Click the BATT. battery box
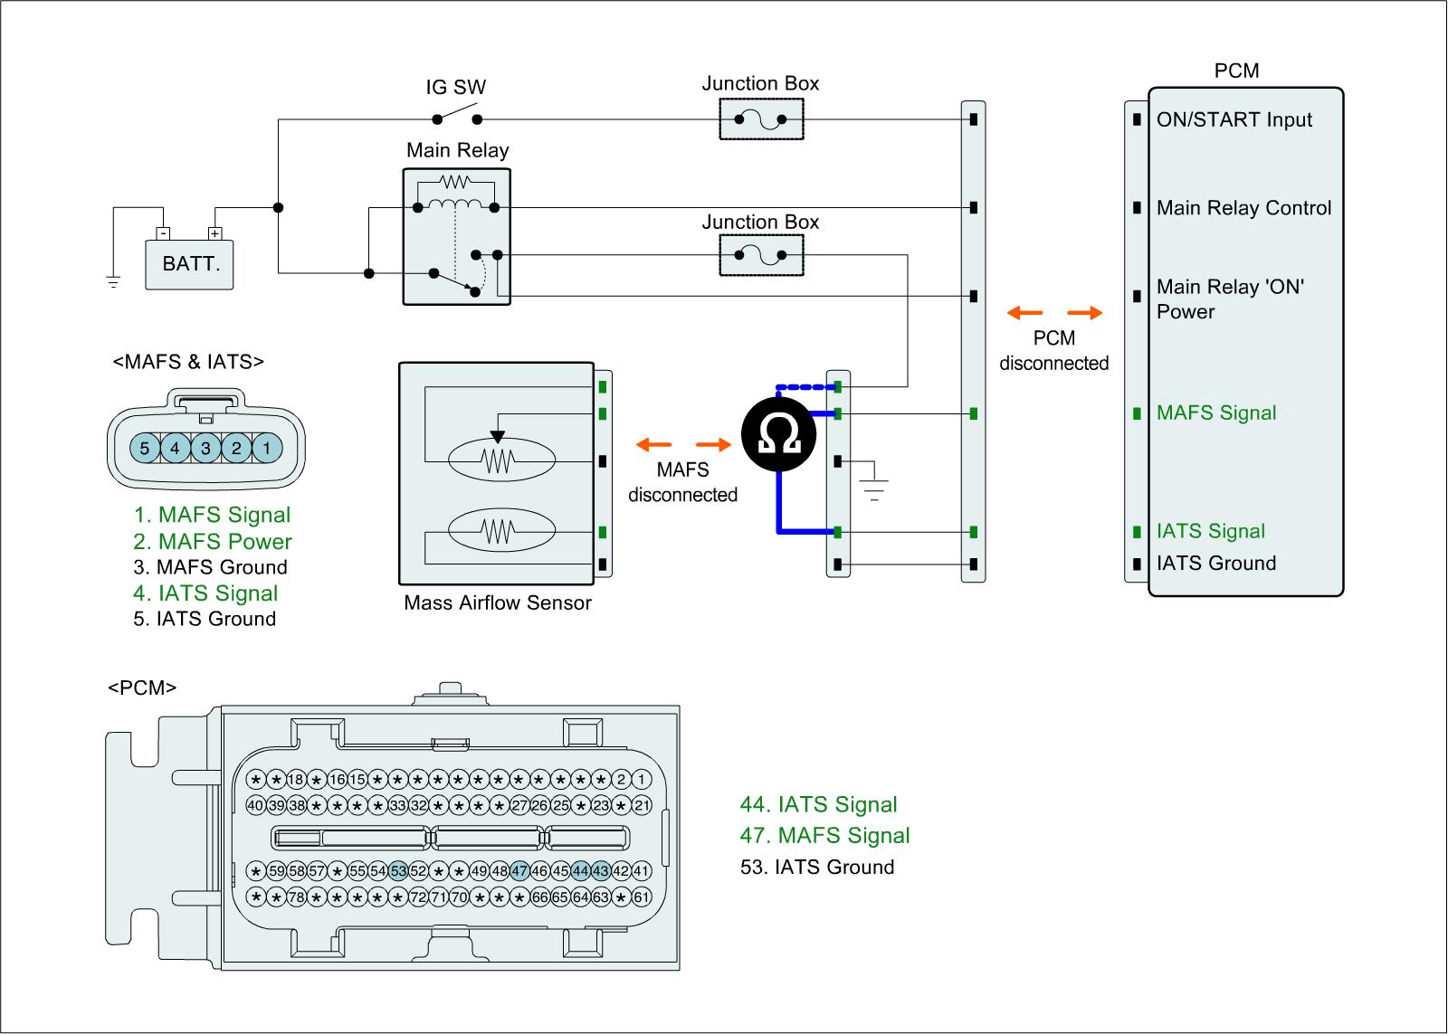[x=190, y=264]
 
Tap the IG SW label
[x=455, y=88]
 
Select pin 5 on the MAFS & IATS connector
[x=144, y=447]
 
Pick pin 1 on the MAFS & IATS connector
[x=267, y=447]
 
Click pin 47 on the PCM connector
[x=519, y=871]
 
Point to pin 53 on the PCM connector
[x=398, y=871]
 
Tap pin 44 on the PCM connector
[x=580, y=871]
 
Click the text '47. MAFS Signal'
[x=824, y=836]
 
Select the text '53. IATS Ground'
[x=817, y=867]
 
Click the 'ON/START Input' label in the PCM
[x=1234, y=119]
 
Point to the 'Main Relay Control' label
[x=1243, y=208]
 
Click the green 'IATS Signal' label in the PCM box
[x=1210, y=531]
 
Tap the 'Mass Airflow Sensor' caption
[x=498, y=602]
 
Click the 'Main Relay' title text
[x=457, y=150]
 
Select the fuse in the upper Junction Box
[x=761, y=119]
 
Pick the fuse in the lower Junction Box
[x=761, y=255]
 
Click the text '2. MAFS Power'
[x=213, y=542]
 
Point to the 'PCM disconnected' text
[x=1054, y=351]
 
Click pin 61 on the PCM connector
[x=641, y=897]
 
